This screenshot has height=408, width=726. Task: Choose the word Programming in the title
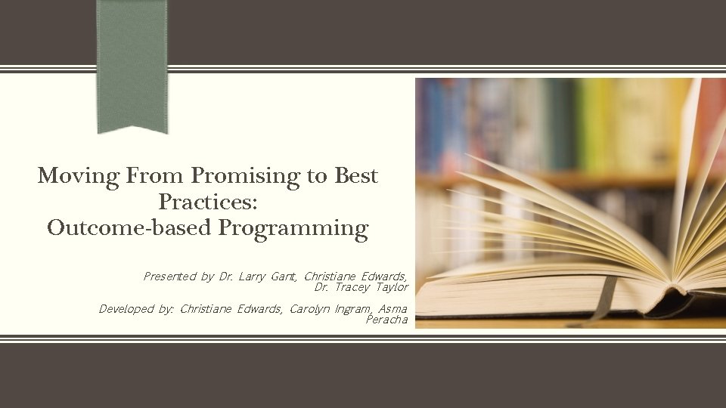294,229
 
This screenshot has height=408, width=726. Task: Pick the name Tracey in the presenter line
352,287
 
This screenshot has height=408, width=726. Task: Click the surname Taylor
392,287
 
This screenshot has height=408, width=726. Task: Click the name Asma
395,309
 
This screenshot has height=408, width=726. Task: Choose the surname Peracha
386,320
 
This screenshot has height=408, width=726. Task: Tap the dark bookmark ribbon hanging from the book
604,298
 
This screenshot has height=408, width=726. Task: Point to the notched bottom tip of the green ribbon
132,127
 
